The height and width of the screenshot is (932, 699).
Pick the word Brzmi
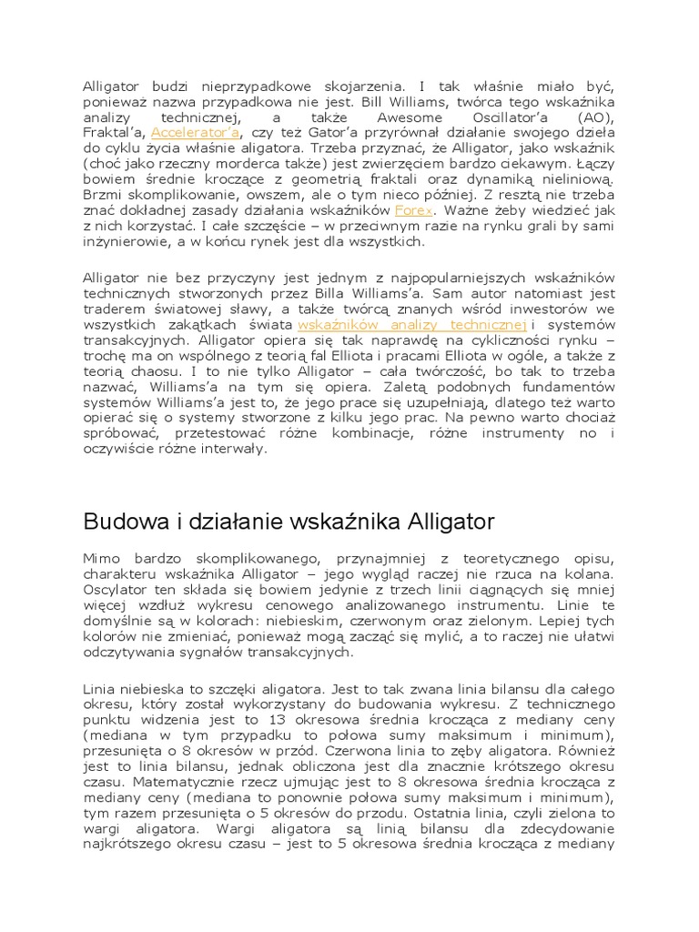click(99, 194)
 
